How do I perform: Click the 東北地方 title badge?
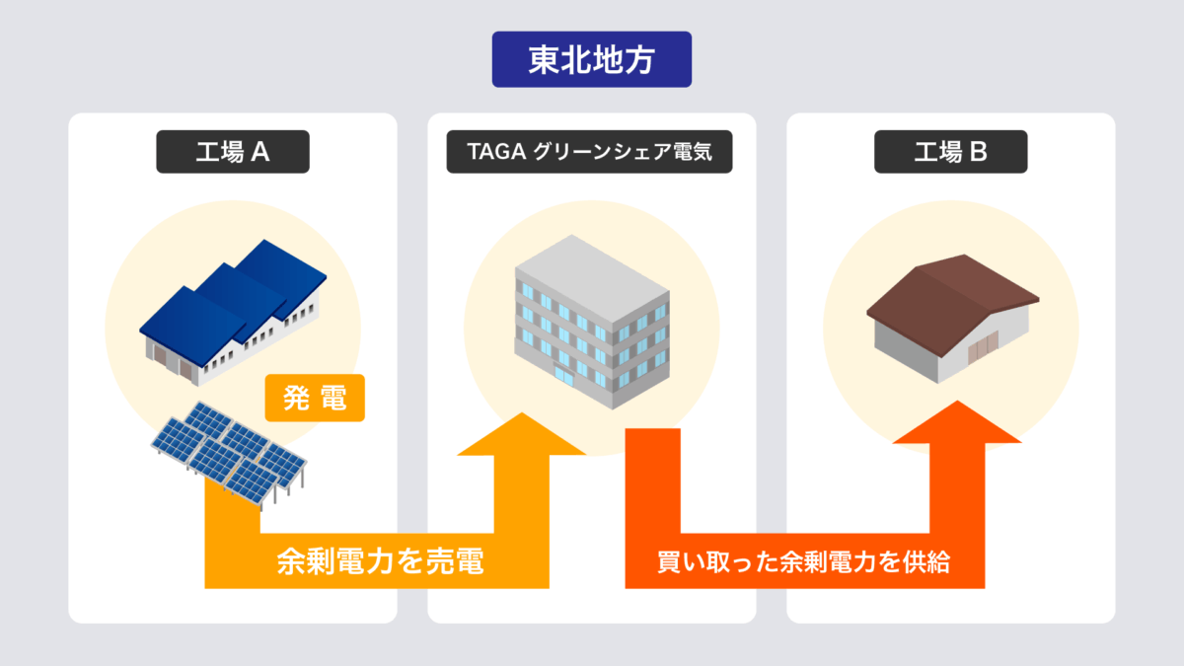[x=591, y=59]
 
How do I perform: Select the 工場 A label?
[x=233, y=152]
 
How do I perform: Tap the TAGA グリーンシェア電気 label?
[x=589, y=152]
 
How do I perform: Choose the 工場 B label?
[x=950, y=152]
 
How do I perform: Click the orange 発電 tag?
[x=315, y=398]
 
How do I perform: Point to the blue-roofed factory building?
[x=233, y=312]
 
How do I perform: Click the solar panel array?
[x=228, y=454]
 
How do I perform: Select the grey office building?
[x=592, y=322]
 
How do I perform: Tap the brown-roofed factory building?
[x=952, y=318]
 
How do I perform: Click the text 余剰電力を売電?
[x=380, y=561]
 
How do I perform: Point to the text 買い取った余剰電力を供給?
[x=804, y=561]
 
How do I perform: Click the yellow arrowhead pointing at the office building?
[x=522, y=434]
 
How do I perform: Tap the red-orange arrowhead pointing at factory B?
[x=957, y=422]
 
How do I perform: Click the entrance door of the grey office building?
[x=564, y=375]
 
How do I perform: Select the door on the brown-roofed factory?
[x=983, y=347]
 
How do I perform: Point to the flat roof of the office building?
[x=592, y=278]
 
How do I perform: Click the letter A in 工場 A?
[x=260, y=152]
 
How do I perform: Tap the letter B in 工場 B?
[x=979, y=152]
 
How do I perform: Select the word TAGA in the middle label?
[x=496, y=152]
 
